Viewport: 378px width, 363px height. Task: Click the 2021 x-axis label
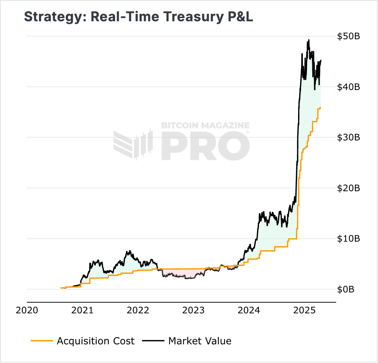pos(83,310)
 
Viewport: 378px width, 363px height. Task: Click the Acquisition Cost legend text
pos(95,341)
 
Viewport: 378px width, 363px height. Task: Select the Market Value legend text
pos(199,341)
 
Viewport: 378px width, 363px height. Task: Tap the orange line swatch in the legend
pos(41,341)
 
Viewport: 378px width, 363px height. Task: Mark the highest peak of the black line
pos(309,40)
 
